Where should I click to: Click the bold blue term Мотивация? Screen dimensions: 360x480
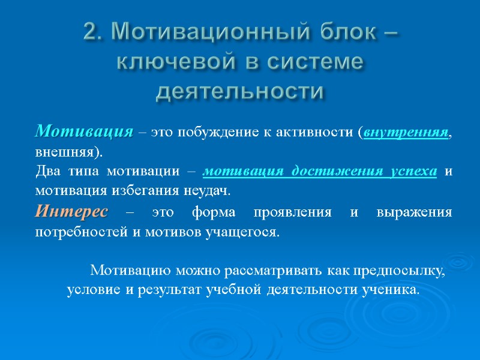pos(83,131)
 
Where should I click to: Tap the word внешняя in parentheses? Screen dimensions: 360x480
pos(65,150)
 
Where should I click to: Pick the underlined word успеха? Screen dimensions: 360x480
pos(411,171)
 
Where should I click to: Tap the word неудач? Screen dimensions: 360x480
pos(209,191)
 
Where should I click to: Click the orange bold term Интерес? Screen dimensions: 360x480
pos(72,212)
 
